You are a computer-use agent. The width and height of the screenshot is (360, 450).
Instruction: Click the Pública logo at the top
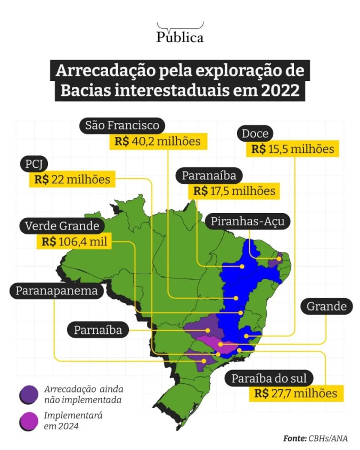coord(180,34)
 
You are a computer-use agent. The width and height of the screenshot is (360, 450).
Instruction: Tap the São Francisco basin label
coord(122,126)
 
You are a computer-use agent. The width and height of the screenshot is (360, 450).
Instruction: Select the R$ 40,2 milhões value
coord(158,142)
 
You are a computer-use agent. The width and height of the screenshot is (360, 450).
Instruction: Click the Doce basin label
coord(256,134)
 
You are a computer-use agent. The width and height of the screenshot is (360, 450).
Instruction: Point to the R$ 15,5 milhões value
coord(293,149)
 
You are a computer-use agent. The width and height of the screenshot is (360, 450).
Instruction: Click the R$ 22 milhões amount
coord(72,179)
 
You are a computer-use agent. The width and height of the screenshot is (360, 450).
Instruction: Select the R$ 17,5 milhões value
coord(234,191)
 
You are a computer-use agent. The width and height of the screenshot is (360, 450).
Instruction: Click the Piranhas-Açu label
coord(248,222)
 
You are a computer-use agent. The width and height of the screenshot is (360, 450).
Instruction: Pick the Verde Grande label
coord(62,226)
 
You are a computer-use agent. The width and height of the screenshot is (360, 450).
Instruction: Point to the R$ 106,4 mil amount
coord(73,242)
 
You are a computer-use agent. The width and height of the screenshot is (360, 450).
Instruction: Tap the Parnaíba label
coord(98,330)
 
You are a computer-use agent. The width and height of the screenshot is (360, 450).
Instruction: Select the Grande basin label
coord(326,306)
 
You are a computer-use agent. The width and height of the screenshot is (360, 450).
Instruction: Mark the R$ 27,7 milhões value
coord(296,394)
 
